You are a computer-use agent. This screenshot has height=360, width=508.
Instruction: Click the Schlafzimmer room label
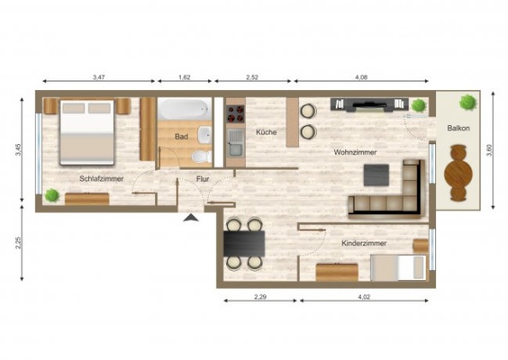101,178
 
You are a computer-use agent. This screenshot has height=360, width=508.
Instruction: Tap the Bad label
181,137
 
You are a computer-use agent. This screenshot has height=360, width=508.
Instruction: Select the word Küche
266,132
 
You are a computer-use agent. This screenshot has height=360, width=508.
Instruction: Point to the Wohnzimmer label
355,153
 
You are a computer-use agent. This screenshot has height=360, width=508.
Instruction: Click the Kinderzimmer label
364,243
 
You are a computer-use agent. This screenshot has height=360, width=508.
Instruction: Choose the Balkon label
458,128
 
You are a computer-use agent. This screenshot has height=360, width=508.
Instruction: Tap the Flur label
203,179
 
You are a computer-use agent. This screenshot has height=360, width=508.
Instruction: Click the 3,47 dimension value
99,77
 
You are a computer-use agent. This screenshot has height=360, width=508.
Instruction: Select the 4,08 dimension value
362,77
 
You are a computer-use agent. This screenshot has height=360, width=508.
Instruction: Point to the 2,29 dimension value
260,297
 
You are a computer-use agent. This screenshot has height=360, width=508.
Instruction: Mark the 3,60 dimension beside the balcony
489,150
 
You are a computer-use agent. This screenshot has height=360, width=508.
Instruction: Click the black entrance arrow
191,218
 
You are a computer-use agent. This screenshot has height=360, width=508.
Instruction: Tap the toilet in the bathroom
201,157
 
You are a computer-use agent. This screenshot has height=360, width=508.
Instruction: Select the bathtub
184,110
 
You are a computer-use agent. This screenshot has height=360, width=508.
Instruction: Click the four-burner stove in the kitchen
236,114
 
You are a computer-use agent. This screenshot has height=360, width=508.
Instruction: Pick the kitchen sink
236,143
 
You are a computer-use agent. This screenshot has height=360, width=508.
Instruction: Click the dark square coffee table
376,175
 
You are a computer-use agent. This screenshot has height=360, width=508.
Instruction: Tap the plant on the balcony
468,102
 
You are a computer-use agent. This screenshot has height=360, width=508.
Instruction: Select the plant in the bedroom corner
52,195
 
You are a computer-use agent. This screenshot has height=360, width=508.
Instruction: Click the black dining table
244,243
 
